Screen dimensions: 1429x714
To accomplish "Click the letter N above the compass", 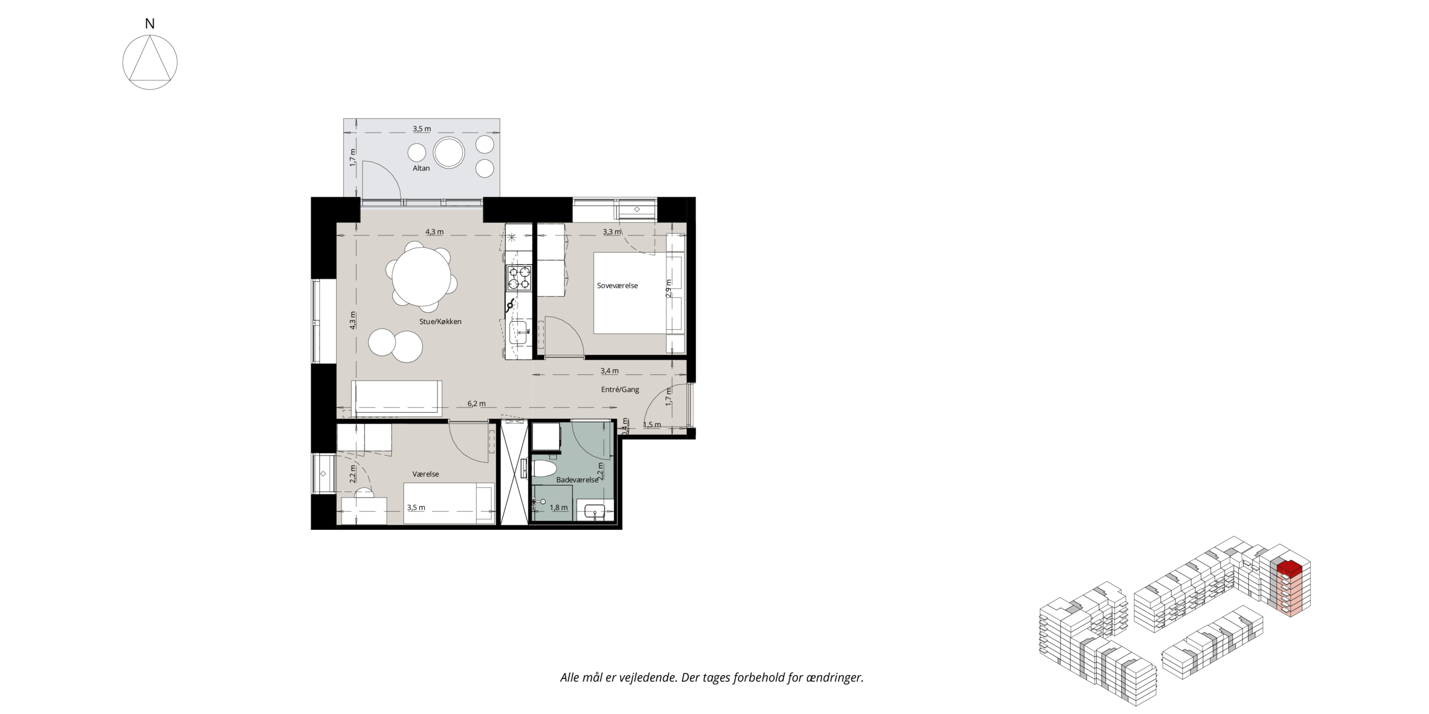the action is point(150,23).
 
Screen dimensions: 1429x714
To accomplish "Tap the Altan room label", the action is point(421,168).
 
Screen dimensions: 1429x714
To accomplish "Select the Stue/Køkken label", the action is point(440,321).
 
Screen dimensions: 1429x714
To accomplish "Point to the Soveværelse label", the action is point(617,286).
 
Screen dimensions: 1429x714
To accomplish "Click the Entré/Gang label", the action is point(620,389).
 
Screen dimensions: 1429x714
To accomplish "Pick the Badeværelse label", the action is point(577,480).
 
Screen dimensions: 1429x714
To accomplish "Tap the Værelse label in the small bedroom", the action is point(425,474).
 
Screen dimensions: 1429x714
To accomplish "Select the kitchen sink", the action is point(519,333).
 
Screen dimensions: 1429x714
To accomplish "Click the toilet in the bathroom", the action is point(544,469).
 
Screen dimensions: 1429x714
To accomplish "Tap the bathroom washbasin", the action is point(594,512).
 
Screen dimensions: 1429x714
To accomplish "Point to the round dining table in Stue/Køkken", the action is point(421,277).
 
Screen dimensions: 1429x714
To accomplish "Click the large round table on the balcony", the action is point(449,152).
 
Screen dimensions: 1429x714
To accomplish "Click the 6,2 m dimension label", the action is point(477,403).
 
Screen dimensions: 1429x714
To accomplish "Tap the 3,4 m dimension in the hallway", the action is point(610,370).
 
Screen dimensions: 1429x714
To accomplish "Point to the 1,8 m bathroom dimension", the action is point(559,508).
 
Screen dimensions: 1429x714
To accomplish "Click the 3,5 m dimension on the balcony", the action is point(422,129).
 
